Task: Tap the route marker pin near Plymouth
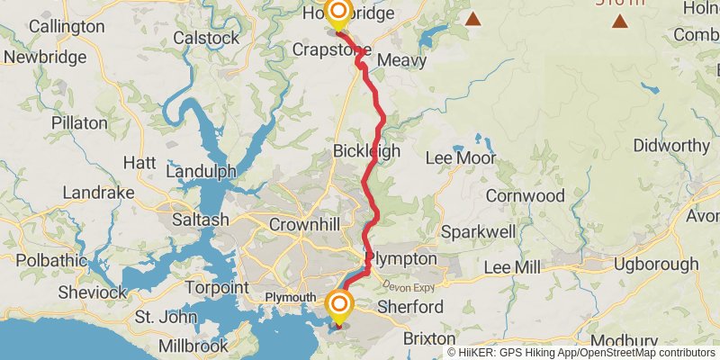pos(339,306)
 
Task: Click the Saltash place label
pos(201,220)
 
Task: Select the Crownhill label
pos(302,224)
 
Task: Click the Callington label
pos(67,27)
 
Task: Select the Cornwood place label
pos(525,195)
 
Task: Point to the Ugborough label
pos(655,265)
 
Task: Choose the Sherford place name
pos(410,308)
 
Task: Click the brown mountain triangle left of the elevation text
pos(472,17)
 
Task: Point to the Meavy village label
pos(401,60)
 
